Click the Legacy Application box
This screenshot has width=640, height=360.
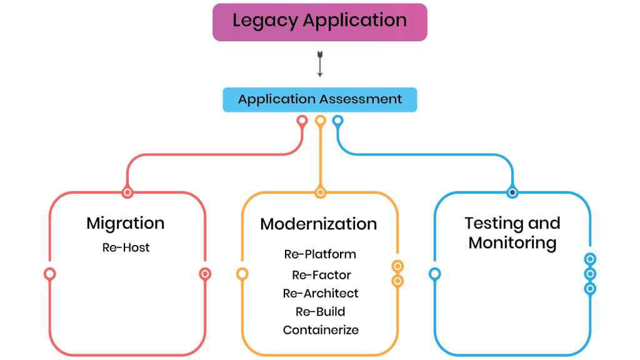tap(319, 22)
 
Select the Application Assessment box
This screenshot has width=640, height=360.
tap(319, 99)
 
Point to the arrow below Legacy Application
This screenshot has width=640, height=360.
tap(320, 64)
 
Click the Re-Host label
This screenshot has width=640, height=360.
tap(126, 247)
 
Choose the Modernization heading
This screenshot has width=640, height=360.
tap(318, 224)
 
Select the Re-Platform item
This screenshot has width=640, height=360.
tap(320, 254)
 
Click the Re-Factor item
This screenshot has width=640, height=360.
tap(321, 275)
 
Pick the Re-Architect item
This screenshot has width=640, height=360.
tap(321, 293)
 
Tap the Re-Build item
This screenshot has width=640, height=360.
tap(321, 311)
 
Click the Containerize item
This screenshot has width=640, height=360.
tap(321, 330)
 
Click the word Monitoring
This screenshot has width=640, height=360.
tap(512, 243)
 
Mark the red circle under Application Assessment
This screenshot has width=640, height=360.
tap(302, 121)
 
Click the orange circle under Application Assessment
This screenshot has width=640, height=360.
tap(321, 121)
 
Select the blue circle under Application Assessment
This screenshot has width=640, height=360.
tap(337, 121)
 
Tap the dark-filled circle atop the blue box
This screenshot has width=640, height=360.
tap(512, 192)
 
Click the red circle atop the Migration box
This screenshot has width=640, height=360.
tap(127, 192)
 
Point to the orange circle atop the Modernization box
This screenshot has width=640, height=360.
tap(321, 192)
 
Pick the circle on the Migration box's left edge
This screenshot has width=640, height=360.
tap(50, 274)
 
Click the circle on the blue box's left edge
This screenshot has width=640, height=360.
tap(435, 274)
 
